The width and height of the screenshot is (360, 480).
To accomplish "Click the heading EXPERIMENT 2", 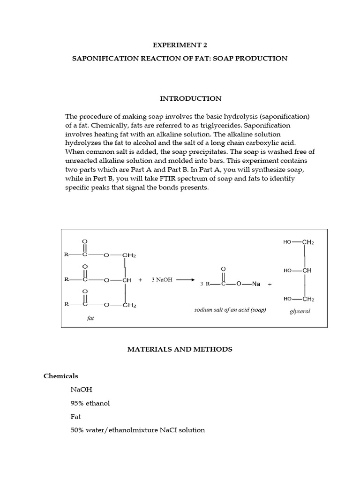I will pos(180,45).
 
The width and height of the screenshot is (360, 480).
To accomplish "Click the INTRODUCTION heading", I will pos(191,98).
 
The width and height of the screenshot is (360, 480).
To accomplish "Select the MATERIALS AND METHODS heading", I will pos(180,349).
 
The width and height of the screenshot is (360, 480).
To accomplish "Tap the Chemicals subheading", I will pos(61,376).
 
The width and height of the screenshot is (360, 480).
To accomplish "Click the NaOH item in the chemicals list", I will pos(81,390).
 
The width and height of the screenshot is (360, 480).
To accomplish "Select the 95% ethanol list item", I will pos(90,403).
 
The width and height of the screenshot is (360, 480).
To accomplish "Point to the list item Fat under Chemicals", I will pos(75,416).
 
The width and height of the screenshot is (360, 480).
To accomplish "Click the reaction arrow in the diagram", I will pos(185,280).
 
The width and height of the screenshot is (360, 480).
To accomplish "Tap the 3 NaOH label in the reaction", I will pos(162,280).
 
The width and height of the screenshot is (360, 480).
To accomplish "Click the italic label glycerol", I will pos(300,311).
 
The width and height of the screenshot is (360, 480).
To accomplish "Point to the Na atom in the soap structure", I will pos(255,284).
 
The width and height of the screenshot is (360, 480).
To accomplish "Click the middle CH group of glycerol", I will pos(307,270).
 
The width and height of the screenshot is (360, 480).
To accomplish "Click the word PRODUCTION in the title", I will pos(261,59).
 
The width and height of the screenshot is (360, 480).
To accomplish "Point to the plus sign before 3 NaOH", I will pos(140,280).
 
